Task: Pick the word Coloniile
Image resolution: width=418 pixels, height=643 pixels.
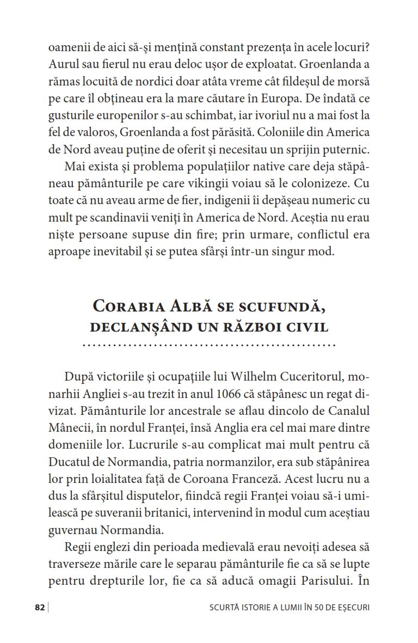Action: click(281, 132)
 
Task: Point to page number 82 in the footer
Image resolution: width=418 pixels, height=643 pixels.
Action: click(39, 608)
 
